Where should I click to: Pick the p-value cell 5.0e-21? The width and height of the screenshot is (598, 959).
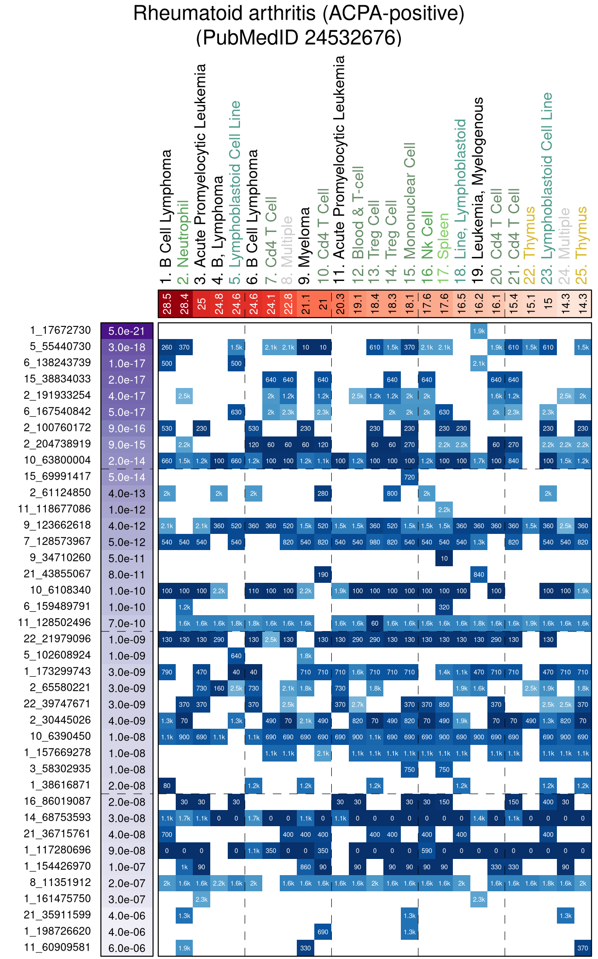[127, 331]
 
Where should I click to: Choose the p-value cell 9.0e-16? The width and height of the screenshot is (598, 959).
[127, 429]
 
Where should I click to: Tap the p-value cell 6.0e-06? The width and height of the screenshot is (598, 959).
[127, 948]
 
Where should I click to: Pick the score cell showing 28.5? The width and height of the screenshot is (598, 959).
[167, 304]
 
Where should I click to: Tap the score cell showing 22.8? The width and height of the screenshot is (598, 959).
[288, 304]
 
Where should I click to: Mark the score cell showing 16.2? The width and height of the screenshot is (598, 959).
[479, 304]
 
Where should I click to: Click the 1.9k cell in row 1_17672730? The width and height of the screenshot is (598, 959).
[479, 331]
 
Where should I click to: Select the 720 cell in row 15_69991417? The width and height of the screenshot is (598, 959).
[409, 477]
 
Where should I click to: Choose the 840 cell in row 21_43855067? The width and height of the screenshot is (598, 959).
[479, 575]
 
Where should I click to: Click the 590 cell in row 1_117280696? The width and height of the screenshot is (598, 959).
[427, 851]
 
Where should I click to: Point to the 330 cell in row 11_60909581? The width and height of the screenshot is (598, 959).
[305, 948]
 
